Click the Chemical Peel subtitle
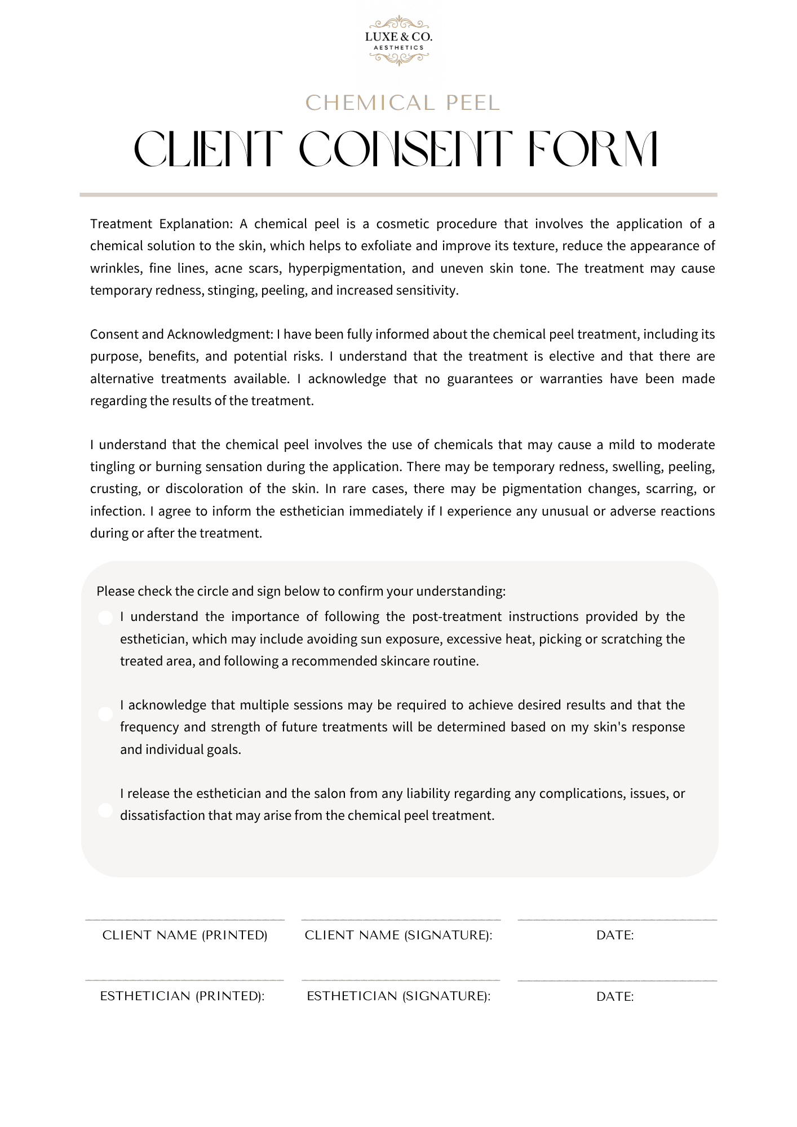(x=402, y=103)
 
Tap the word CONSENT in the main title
(x=405, y=149)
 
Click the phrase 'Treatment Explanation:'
(x=161, y=224)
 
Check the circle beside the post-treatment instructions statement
(x=105, y=618)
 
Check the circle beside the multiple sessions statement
(x=105, y=714)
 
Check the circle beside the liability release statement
(x=105, y=810)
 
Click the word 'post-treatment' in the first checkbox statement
(x=457, y=616)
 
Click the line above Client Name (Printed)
(x=185, y=920)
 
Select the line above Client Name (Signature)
(x=401, y=920)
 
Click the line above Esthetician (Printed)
(x=185, y=980)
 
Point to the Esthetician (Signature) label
(x=398, y=996)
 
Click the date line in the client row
(x=617, y=920)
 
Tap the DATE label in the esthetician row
(x=615, y=997)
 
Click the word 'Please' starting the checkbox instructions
(x=116, y=591)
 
